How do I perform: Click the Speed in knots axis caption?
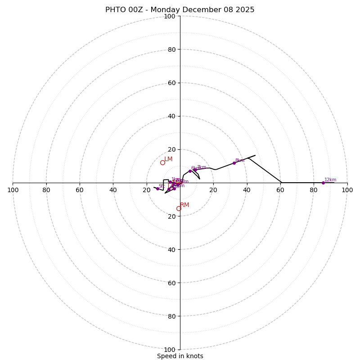(x=180, y=356)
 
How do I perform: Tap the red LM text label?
(x=168, y=159)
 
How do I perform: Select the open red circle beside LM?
(x=162, y=162)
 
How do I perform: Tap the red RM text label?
(x=184, y=205)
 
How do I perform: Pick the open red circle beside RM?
(x=179, y=208)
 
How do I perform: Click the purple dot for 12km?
(x=323, y=183)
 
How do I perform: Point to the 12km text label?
(x=330, y=180)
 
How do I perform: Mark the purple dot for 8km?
(x=234, y=163)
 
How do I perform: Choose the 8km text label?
(x=240, y=160)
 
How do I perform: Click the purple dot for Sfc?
(x=157, y=189)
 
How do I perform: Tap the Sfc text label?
(x=162, y=186)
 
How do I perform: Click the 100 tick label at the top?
(x=170, y=16)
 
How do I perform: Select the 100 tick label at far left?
(x=13, y=190)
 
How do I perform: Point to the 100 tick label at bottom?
(x=170, y=349)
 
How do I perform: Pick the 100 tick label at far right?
(x=347, y=190)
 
